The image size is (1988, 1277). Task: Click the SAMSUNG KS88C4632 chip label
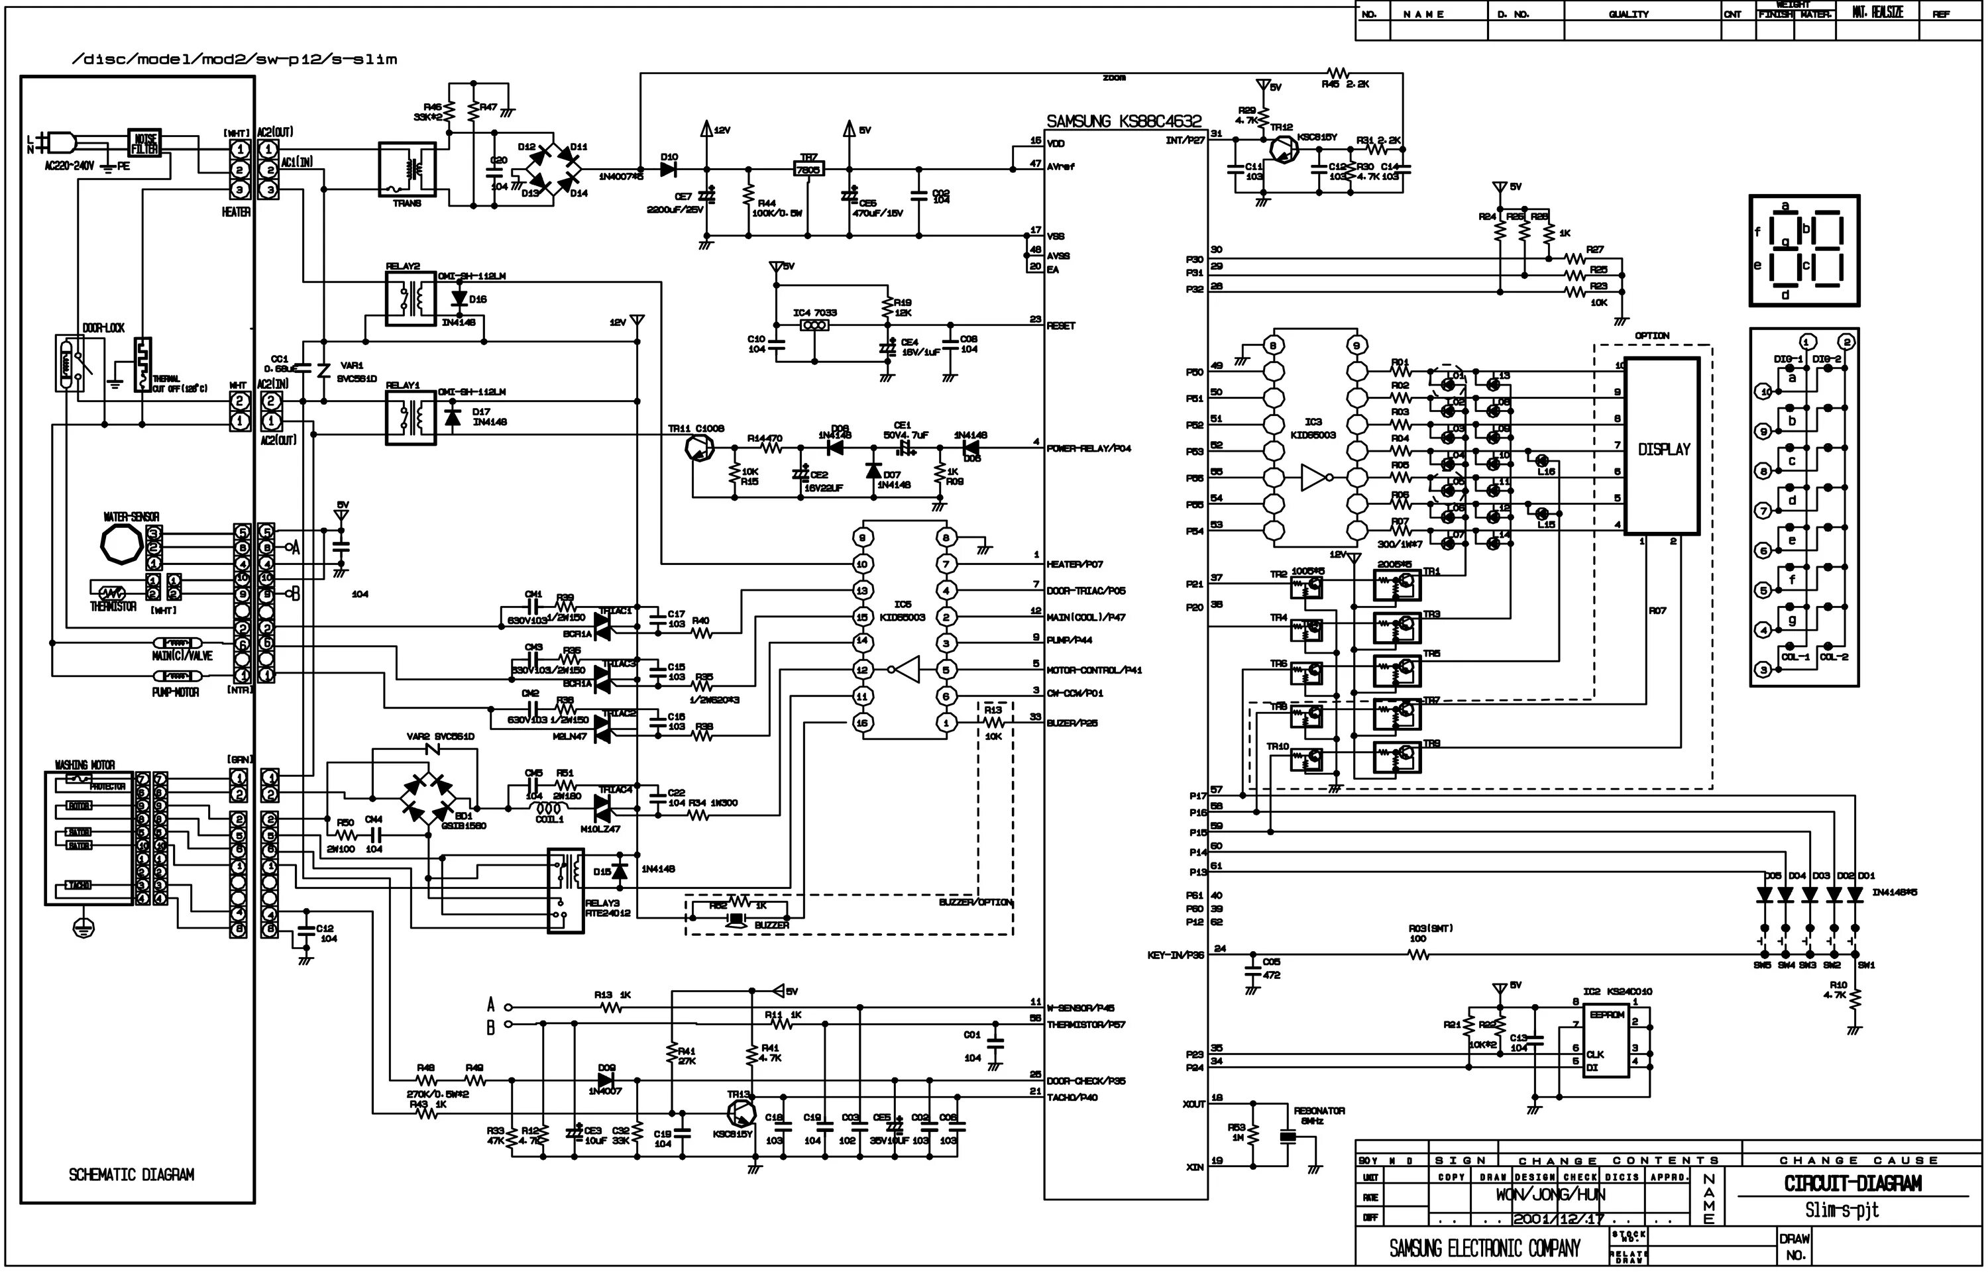(x=1124, y=122)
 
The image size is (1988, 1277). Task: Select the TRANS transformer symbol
(x=408, y=170)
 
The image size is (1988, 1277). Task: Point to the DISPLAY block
(x=1663, y=448)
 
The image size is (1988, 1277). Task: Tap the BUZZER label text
(x=771, y=925)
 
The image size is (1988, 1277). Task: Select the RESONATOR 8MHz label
(x=1319, y=1115)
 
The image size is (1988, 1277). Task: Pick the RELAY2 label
(x=403, y=266)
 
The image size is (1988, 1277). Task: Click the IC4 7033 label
(x=814, y=313)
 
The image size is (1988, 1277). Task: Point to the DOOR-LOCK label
(x=103, y=329)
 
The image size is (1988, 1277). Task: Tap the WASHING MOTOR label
(x=85, y=764)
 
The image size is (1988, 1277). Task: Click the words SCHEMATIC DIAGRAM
(x=131, y=1174)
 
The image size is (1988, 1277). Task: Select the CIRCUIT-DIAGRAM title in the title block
(x=1852, y=1184)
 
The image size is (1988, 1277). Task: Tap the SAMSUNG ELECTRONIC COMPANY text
(x=1484, y=1248)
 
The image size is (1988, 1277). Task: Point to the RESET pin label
(x=1061, y=326)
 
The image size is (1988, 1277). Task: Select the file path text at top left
(x=235, y=60)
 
